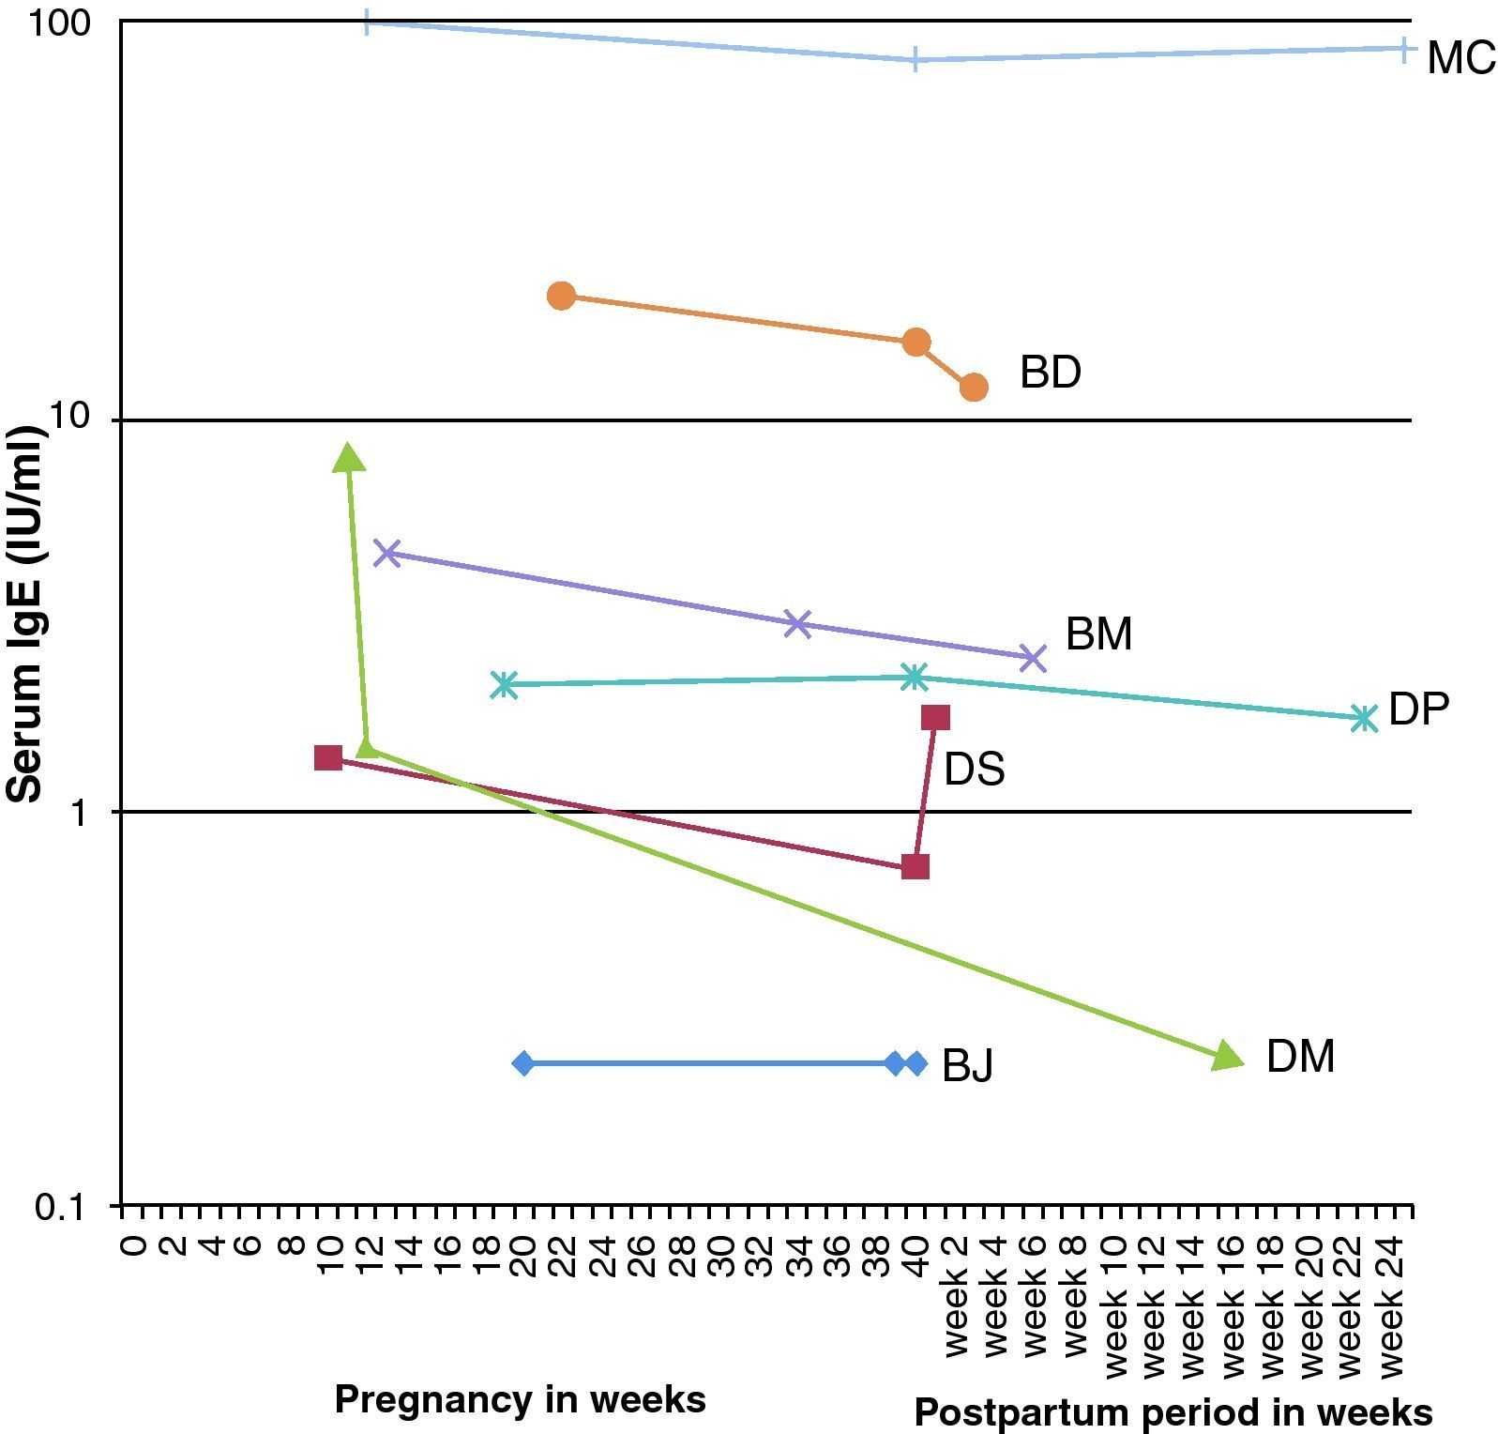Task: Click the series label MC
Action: (x=1460, y=58)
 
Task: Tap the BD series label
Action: (x=1050, y=373)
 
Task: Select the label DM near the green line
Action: (x=1300, y=1057)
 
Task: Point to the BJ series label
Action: (x=967, y=1065)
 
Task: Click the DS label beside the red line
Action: (x=974, y=770)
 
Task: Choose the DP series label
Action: (x=1418, y=709)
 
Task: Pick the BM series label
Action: (x=1098, y=634)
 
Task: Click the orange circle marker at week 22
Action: (x=561, y=296)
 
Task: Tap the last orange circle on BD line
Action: (x=974, y=387)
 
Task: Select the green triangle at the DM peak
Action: (x=349, y=458)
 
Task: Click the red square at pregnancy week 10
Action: (x=328, y=757)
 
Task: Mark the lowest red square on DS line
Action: (x=915, y=866)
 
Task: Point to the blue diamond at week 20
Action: (x=524, y=1063)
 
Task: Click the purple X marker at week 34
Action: (x=797, y=623)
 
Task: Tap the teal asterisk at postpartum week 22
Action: (x=1364, y=719)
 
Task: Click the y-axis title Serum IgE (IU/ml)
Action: (x=25, y=615)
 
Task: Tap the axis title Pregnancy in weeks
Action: (x=520, y=1399)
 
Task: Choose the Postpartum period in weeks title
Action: (x=1173, y=1412)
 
